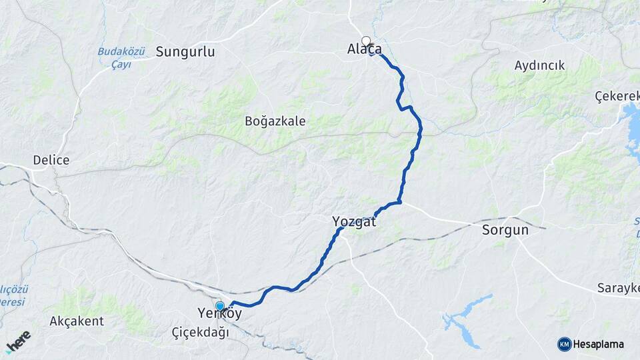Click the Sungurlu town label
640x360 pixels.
pyautogui.click(x=185, y=51)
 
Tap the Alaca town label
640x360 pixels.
pyautogui.click(x=365, y=49)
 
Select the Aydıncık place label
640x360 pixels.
pyautogui.click(x=539, y=65)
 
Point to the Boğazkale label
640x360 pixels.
pyautogui.click(x=275, y=121)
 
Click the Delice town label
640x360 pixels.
pyautogui.click(x=51, y=161)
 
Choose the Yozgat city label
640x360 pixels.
pyautogui.click(x=354, y=222)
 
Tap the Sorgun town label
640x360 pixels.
pyautogui.click(x=505, y=230)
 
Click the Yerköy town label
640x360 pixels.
pyautogui.click(x=219, y=313)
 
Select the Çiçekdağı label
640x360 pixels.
pyautogui.click(x=200, y=332)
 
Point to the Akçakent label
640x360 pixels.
pyautogui.click(x=77, y=321)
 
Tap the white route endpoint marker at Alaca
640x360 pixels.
pyautogui.click(x=365, y=40)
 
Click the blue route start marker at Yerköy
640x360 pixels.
pyautogui.click(x=219, y=306)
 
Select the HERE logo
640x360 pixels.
pyautogui.click(x=17, y=341)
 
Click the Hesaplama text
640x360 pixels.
pyautogui.click(x=598, y=344)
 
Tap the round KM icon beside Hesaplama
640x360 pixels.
pyautogui.click(x=564, y=344)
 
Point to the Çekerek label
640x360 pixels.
pyautogui.click(x=617, y=96)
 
